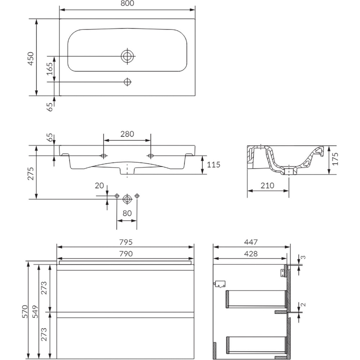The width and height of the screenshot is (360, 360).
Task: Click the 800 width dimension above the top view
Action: pyautogui.click(x=127, y=4)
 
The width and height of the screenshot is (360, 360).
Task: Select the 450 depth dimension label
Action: pyautogui.click(x=31, y=58)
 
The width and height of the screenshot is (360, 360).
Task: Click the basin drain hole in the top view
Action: pyautogui.click(x=127, y=56)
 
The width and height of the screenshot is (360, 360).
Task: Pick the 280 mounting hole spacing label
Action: pyautogui.click(x=127, y=134)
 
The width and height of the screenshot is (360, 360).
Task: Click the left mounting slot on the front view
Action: pyautogui.click(x=104, y=156)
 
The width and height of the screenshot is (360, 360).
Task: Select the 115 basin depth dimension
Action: pyautogui.click(x=213, y=165)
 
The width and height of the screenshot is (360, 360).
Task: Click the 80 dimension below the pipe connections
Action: pyautogui.click(x=127, y=213)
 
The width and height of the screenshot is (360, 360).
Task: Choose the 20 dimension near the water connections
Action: pyautogui.click(x=99, y=186)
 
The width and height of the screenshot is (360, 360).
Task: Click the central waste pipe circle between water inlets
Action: pyautogui.click(x=127, y=198)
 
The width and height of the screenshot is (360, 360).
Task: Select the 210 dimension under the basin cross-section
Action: pyautogui.click(x=267, y=186)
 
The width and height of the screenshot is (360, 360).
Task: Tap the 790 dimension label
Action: pyautogui.click(x=126, y=254)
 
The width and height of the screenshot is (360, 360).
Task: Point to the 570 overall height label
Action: pyautogui.click(x=25, y=311)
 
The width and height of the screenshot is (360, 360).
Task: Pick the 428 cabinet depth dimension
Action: pyautogui.click(x=251, y=254)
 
